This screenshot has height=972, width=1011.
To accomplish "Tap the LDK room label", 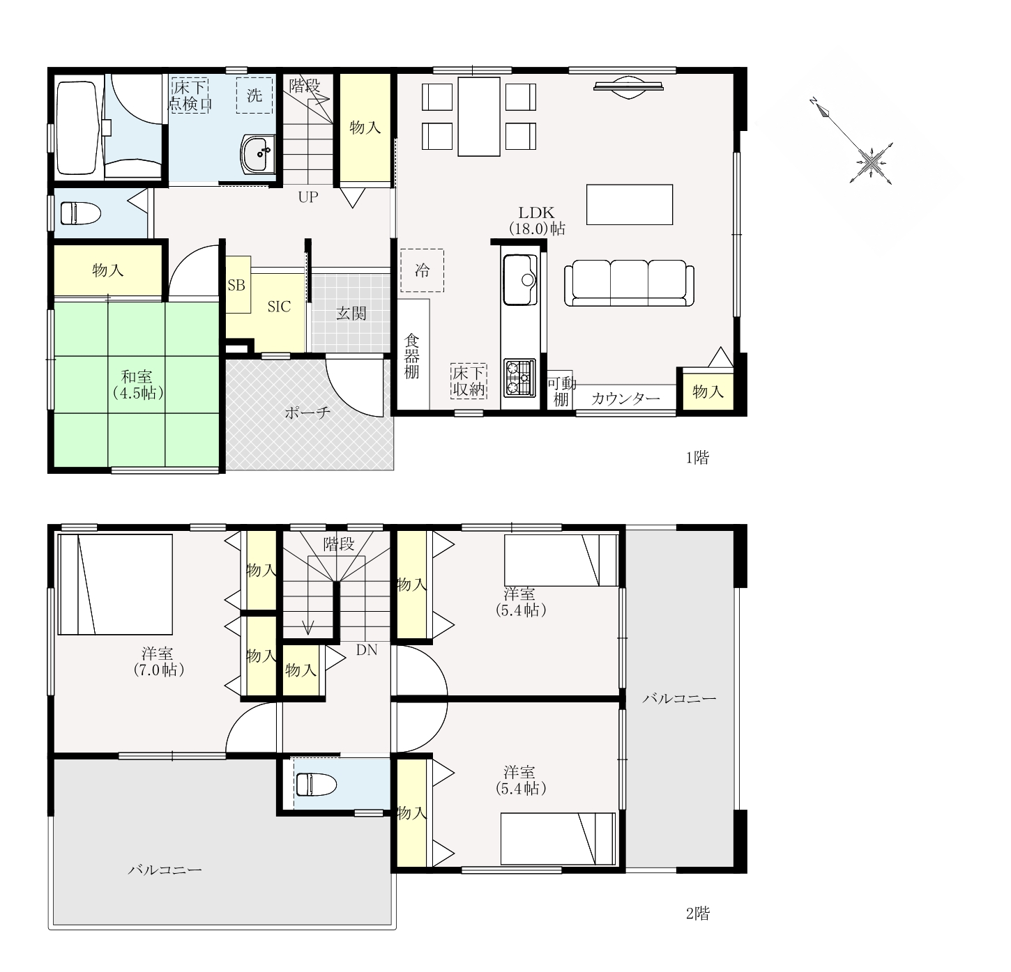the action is pyautogui.click(x=536, y=213).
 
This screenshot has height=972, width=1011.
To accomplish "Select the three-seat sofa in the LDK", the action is pyautogui.click(x=629, y=283).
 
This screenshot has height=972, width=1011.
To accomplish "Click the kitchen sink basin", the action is pyautogui.click(x=519, y=280).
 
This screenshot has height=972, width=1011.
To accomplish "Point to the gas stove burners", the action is pyautogui.click(x=519, y=378).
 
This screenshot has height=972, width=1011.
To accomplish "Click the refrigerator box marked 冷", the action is pyautogui.click(x=422, y=270).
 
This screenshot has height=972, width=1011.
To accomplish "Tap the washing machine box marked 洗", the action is pyautogui.click(x=254, y=95).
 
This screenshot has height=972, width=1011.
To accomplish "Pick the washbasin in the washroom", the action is pyautogui.click(x=258, y=154).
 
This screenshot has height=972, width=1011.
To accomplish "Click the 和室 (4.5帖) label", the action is pyautogui.click(x=137, y=385).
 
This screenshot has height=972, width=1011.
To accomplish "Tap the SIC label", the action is pyautogui.click(x=278, y=307).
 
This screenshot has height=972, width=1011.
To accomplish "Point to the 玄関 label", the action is pyautogui.click(x=351, y=313).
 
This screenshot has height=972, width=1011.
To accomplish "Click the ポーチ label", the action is pyautogui.click(x=307, y=412).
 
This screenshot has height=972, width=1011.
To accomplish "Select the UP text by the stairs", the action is pyautogui.click(x=308, y=196).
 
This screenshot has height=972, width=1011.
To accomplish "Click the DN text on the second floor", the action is pyautogui.click(x=367, y=650).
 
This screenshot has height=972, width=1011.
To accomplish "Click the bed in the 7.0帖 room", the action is pyautogui.click(x=115, y=584).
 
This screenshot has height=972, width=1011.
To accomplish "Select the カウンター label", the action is pyautogui.click(x=625, y=399).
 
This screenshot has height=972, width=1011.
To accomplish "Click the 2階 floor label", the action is pyautogui.click(x=697, y=913).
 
